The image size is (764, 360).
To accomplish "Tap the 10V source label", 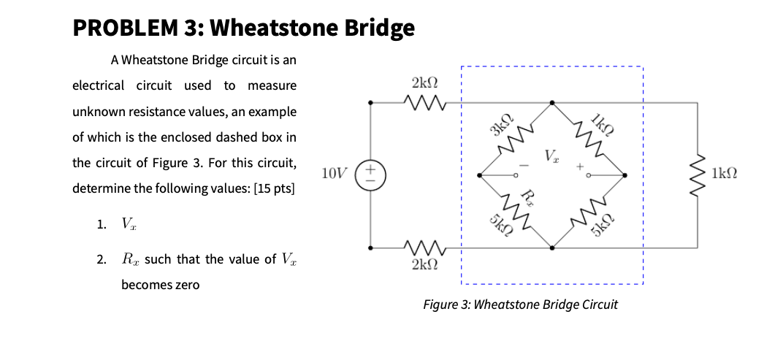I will (x=335, y=173).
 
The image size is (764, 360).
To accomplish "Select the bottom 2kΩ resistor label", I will (x=424, y=264).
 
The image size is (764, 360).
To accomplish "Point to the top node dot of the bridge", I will (x=551, y=103).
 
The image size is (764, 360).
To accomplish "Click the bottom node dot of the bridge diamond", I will (x=551, y=248).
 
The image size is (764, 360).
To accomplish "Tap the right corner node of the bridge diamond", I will (x=624, y=175).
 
